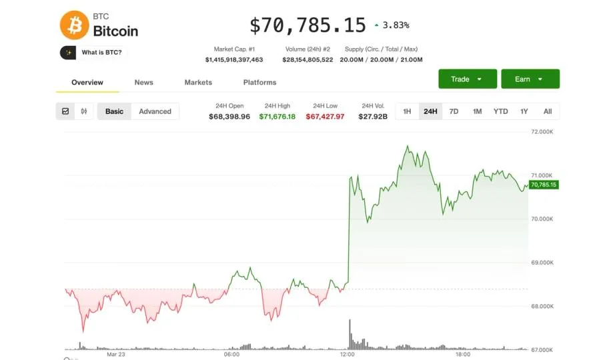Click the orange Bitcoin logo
[x=74, y=25]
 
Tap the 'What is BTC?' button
[x=93, y=52]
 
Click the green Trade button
[x=467, y=79]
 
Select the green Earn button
[x=530, y=79]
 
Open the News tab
[x=143, y=82]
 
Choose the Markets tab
[x=198, y=82]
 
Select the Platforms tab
[x=259, y=82]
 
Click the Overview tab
[x=87, y=82]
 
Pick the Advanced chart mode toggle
[x=155, y=111]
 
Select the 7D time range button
[x=454, y=111]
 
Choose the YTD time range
[x=500, y=111]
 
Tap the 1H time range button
[x=407, y=111]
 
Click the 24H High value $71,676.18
[x=277, y=117]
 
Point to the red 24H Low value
[x=325, y=117]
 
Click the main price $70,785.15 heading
[x=308, y=25]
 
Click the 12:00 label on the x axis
[x=348, y=355]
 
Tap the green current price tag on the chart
[x=543, y=185]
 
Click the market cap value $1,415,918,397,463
[x=234, y=60]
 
